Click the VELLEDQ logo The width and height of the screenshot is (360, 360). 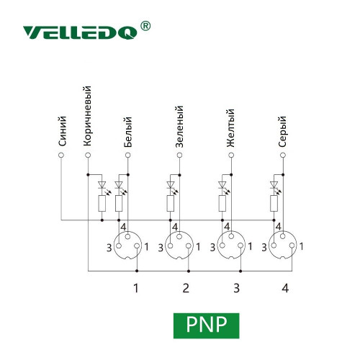(x=80, y=32)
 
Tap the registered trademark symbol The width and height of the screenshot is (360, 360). (x=145, y=26)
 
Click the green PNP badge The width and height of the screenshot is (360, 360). (x=207, y=325)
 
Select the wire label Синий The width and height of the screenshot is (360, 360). (x=62, y=131)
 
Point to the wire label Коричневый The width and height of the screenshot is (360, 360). (x=87, y=116)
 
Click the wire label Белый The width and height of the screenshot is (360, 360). (x=128, y=132)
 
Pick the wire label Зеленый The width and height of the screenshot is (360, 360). (x=179, y=126)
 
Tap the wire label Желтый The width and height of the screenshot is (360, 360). (x=230, y=128)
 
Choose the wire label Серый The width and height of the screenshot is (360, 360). (x=282, y=132)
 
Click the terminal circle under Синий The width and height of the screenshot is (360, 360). (x=61, y=156)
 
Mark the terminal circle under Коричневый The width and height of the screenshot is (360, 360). (x=88, y=156)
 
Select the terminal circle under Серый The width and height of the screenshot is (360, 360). (x=283, y=156)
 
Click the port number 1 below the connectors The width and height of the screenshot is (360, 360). (x=136, y=288)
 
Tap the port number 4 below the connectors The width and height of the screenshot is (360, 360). (x=285, y=288)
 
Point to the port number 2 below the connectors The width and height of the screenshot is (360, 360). (x=186, y=288)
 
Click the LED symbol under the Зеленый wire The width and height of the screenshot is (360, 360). (x=171, y=185)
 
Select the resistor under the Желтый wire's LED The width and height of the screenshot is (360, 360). (x=222, y=204)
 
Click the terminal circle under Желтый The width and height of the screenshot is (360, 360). (x=231, y=156)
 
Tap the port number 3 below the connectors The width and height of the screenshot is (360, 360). (x=237, y=288)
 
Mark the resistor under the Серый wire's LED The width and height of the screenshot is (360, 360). (x=274, y=204)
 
